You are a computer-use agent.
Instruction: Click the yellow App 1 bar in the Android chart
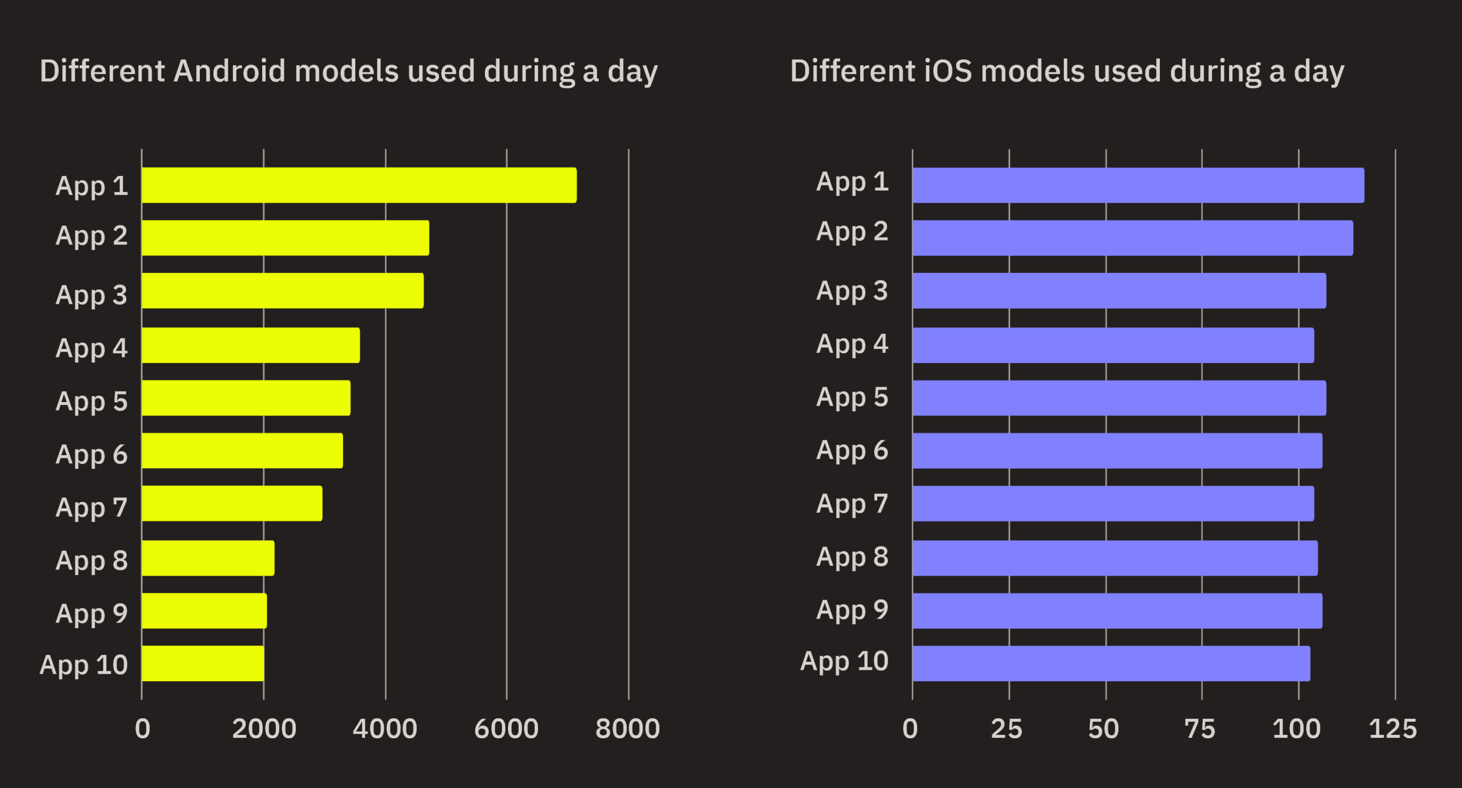(x=359, y=185)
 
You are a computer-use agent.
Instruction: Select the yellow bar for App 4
(x=251, y=345)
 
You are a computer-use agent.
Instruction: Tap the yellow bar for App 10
(x=203, y=663)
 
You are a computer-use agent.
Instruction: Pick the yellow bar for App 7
(x=232, y=503)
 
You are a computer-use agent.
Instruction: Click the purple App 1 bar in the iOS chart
(x=1138, y=185)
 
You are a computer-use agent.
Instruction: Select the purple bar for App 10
(x=1111, y=663)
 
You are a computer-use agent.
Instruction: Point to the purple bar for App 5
(x=1119, y=397)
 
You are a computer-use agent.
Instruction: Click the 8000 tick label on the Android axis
(x=628, y=729)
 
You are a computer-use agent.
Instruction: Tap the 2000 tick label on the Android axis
(x=264, y=729)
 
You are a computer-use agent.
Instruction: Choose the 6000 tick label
(x=506, y=729)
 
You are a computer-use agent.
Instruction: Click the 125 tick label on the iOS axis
(x=1393, y=729)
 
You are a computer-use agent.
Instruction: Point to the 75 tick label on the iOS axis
(x=1200, y=729)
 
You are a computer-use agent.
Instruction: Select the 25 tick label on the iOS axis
(x=1006, y=729)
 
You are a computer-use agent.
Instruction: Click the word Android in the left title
(x=228, y=71)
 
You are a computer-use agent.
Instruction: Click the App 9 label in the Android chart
(x=91, y=614)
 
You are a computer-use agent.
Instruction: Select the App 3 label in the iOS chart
(x=852, y=291)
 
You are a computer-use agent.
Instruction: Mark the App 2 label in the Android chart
(x=91, y=236)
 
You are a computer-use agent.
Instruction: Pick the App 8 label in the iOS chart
(x=852, y=557)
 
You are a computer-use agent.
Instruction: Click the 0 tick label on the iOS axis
(x=910, y=729)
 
